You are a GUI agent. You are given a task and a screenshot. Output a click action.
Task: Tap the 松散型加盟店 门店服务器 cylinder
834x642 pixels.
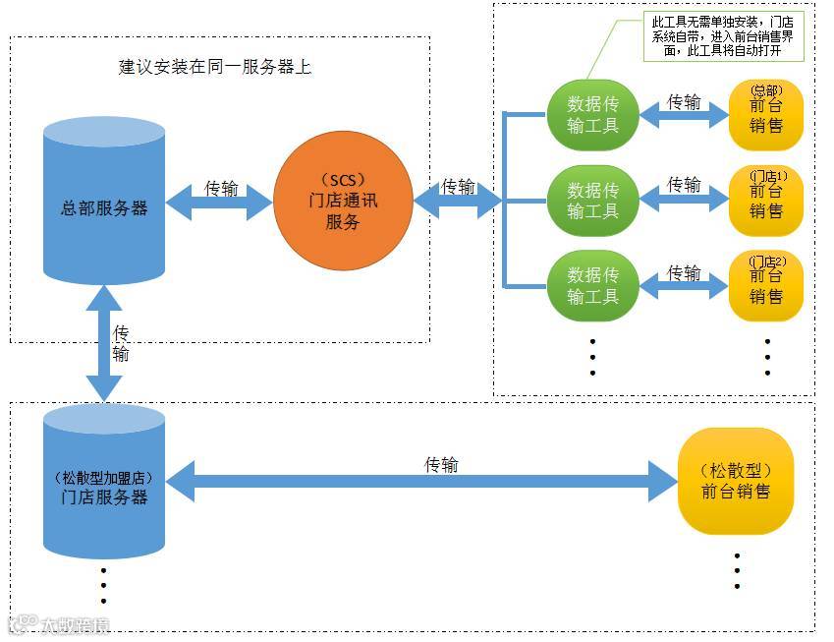point(104,483)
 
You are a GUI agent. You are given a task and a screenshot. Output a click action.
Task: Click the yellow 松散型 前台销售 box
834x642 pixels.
point(735,481)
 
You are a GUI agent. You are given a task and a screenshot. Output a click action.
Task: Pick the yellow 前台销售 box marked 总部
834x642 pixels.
point(766,114)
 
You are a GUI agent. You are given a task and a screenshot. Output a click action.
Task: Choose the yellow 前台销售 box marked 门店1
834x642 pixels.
point(766,200)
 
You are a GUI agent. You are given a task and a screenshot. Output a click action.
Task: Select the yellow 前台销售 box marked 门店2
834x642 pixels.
point(766,286)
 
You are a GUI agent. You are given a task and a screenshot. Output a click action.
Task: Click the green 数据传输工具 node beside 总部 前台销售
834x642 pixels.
point(592,114)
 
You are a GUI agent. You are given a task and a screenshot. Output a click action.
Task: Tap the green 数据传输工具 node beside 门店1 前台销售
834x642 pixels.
point(592,200)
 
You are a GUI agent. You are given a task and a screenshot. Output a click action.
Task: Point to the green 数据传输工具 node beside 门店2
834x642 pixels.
point(592,286)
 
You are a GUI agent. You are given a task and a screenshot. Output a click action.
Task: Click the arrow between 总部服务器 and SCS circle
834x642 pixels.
point(219,203)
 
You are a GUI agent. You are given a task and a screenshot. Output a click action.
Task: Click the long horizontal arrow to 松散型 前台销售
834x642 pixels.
point(422,482)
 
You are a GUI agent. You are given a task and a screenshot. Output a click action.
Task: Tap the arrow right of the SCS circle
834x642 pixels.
point(457,202)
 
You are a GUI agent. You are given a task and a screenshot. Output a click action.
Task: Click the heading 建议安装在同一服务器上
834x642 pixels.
point(215,68)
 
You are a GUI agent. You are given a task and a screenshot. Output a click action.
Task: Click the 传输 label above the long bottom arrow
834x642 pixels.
point(441,464)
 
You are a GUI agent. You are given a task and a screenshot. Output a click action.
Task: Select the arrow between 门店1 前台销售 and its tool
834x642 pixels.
point(684,201)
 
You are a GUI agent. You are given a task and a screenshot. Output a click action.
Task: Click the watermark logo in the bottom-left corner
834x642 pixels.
point(59,624)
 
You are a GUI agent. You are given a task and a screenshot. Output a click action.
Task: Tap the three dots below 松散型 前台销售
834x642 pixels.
point(737,570)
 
